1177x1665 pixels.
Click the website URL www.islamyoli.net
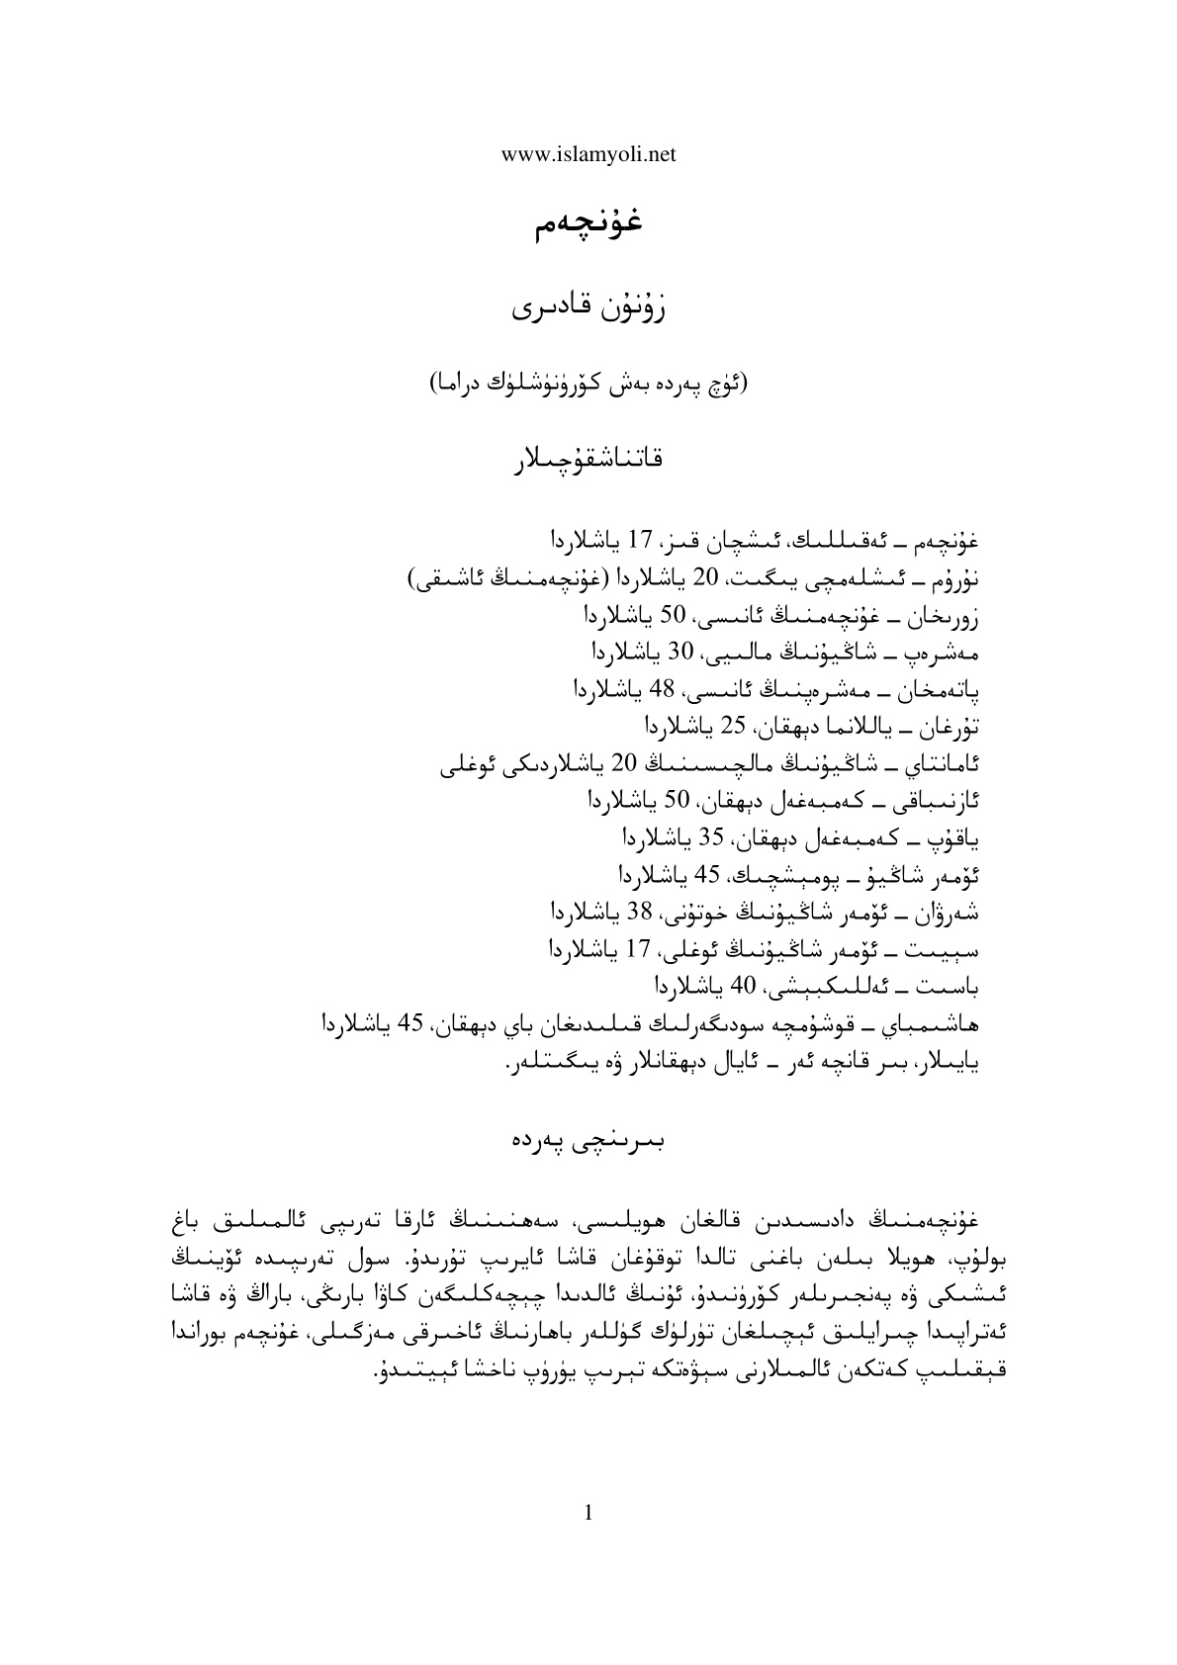coord(588,153)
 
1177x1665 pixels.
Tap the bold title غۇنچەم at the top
coord(588,223)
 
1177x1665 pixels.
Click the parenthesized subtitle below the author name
coord(588,384)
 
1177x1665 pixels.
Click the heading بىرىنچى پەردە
coord(588,1139)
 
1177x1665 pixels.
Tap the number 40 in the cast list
coord(742,985)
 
